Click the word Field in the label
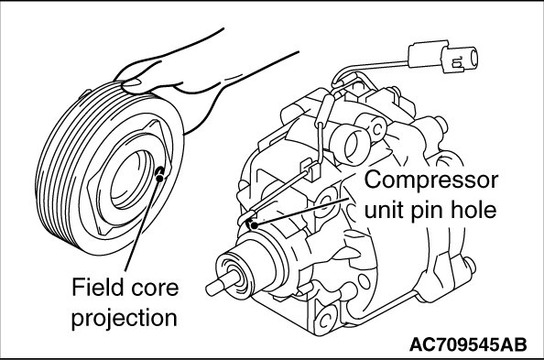93,288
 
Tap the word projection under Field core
125,318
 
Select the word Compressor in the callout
431,180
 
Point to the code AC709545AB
468,344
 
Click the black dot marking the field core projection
159,178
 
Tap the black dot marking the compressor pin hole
255,225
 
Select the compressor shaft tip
211,289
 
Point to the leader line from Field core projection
143,224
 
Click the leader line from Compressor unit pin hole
301,213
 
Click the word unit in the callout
384,210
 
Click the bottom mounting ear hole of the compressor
325,320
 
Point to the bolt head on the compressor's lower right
469,266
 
